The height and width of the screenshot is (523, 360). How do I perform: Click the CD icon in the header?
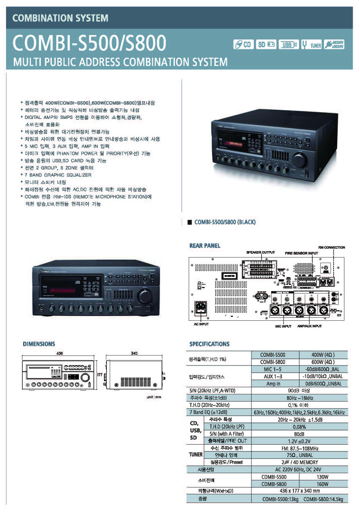[244, 45]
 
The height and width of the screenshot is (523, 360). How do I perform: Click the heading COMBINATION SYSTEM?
[60, 18]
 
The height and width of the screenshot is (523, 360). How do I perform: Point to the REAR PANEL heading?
[205, 246]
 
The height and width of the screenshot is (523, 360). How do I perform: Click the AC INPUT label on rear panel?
[201, 324]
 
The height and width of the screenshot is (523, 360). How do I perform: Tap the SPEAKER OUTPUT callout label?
[260, 253]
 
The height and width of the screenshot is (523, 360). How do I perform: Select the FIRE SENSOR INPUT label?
[301, 253]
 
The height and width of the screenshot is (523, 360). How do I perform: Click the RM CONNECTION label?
[332, 247]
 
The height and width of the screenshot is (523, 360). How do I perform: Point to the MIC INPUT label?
[283, 326]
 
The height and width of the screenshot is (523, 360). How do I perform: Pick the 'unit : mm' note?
[154, 397]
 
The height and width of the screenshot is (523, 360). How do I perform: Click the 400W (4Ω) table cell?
[323, 355]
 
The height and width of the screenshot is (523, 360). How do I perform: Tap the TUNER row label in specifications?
[195, 455]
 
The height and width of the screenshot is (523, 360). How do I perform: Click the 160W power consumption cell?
[323, 484]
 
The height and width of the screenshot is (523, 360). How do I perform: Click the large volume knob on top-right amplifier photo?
[300, 160]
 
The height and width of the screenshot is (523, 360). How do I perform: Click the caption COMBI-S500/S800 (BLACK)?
[225, 222]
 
